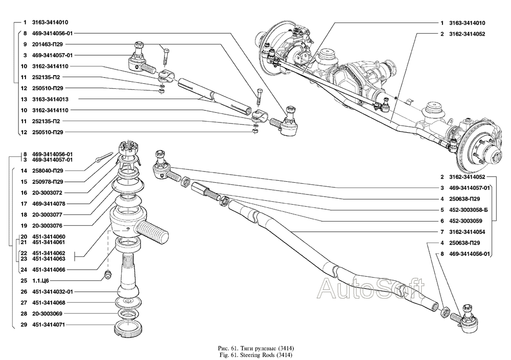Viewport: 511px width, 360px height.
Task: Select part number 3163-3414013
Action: pyautogui.click(x=50, y=99)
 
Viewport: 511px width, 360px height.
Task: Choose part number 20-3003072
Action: pyautogui.click(x=47, y=193)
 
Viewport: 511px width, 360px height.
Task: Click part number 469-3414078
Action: pyautogui.click(x=47, y=204)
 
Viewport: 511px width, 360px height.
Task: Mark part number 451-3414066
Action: pyautogui.click(x=49, y=269)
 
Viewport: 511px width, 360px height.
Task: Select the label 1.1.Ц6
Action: pyautogui.click(x=40, y=280)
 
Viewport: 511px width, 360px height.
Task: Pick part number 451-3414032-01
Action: pyautogui.click(x=53, y=292)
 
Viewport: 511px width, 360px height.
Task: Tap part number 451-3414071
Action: pyautogui.click(x=49, y=324)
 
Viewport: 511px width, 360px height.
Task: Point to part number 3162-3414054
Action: pyautogui.click(x=467, y=231)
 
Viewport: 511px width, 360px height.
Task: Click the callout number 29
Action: pyautogui.click(x=24, y=324)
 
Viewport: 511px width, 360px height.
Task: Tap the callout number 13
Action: pyautogui.click(x=24, y=99)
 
